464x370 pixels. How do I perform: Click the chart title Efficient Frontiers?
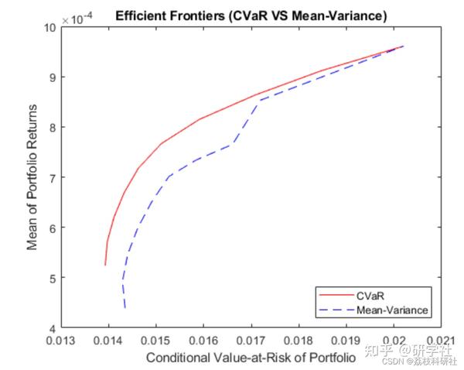pyautogui.click(x=251, y=15)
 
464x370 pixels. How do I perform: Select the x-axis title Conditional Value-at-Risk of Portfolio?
pyautogui.click(x=251, y=357)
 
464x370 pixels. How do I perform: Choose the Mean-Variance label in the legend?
pyautogui.click(x=392, y=310)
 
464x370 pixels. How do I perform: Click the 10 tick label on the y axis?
pyautogui.click(x=50, y=27)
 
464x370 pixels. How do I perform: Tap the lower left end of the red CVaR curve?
pyautogui.click(x=105, y=265)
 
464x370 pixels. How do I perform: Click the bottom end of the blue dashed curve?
pyautogui.click(x=125, y=308)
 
